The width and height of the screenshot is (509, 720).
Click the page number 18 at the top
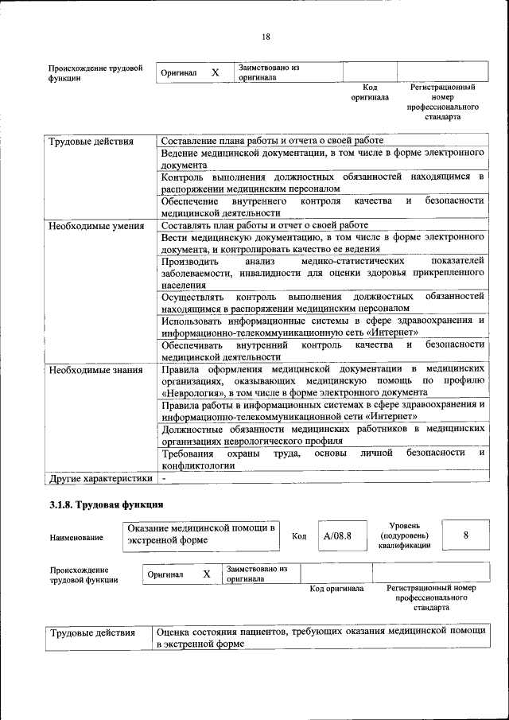(x=266, y=37)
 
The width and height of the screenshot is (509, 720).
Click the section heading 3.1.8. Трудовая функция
(x=107, y=504)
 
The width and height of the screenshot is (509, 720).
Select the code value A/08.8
(x=337, y=535)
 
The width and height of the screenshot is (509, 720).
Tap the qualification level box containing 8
(x=465, y=535)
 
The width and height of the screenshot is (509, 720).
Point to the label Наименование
(x=76, y=538)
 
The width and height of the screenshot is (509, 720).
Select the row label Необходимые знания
(x=95, y=370)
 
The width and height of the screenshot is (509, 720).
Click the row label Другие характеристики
(x=100, y=479)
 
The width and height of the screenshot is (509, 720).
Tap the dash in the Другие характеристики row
(x=163, y=479)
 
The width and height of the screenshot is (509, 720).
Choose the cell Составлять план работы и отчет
(x=264, y=225)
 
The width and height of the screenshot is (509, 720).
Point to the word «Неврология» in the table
(x=193, y=392)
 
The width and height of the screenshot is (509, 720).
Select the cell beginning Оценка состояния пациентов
(x=320, y=636)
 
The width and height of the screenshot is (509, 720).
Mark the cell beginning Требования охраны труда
(x=322, y=458)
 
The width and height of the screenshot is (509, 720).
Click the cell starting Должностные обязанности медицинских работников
(x=322, y=434)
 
